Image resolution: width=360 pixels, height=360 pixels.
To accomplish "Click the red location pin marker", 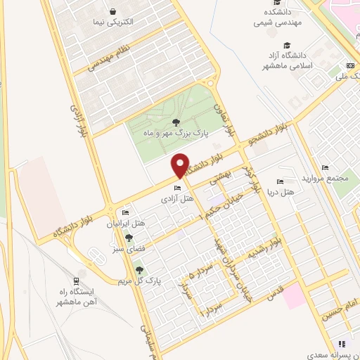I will [x=181, y=165].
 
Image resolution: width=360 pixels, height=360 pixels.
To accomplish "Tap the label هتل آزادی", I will [x=177, y=199].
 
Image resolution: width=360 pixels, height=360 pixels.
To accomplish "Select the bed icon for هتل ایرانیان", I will [x=126, y=213].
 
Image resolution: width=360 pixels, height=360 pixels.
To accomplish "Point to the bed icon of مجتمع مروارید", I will [x=324, y=168].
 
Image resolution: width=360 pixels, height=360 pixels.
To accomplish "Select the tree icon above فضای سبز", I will [x=129, y=238].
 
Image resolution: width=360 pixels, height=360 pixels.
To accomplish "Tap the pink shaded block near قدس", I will [x=295, y=294].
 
